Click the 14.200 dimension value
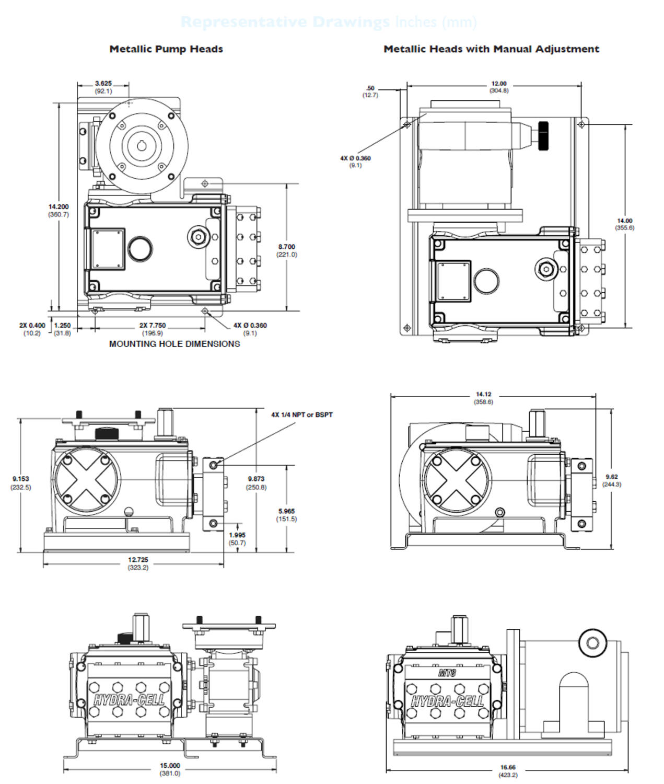coord(59,207)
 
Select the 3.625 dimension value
coord(103,84)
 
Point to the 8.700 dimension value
coord(286,247)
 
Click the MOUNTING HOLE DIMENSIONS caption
coord(174,344)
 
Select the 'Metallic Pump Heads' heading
coord(166,49)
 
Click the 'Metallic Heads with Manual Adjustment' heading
coord(491,49)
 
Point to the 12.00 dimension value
coord(499,84)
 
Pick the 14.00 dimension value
coord(624,221)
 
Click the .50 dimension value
coord(370,88)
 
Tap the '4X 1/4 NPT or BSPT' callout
coord(301,415)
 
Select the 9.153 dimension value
coord(21,479)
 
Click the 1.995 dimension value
coord(237,535)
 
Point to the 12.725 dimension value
coord(138,560)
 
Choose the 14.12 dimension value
coord(483,395)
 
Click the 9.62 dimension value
coord(612,477)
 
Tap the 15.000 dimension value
coord(170,766)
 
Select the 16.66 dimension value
coord(508,768)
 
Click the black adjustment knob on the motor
coord(544,136)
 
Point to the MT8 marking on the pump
coord(448,673)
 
